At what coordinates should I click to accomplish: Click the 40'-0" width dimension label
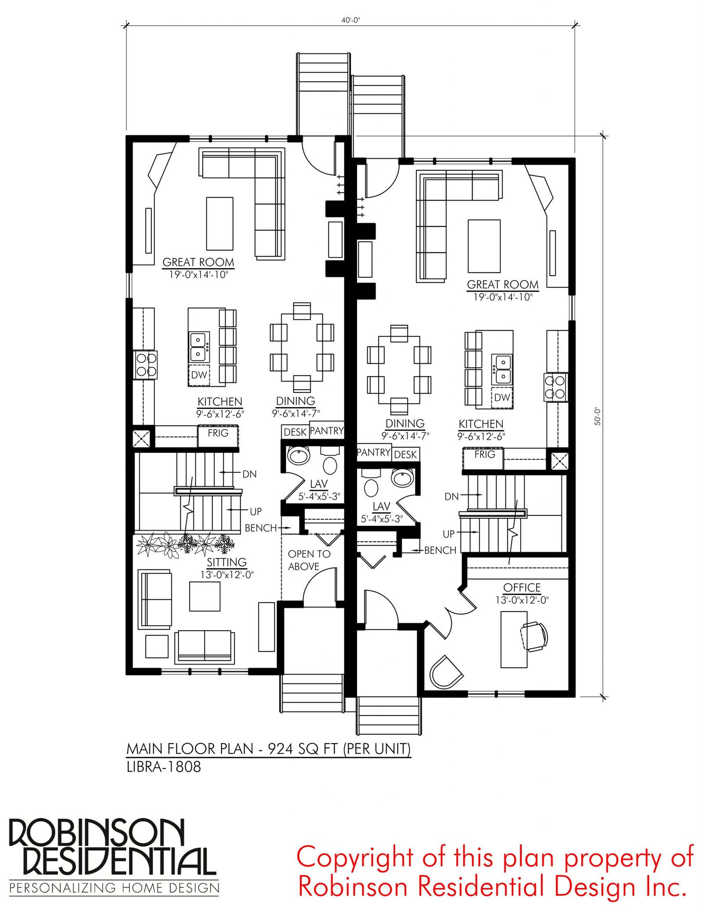[x=351, y=20]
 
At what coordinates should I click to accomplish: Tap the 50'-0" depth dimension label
[x=598, y=416]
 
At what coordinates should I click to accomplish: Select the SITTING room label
[x=227, y=562]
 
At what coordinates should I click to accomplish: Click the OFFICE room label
[x=522, y=587]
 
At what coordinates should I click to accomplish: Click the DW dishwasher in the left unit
[x=199, y=375]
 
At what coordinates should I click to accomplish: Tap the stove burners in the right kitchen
[x=555, y=387]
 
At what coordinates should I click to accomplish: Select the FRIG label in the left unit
[x=218, y=433]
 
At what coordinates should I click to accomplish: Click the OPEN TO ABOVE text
[x=309, y=560]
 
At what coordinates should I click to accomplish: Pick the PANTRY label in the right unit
[x=374, y=452]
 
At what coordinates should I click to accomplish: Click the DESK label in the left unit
[x=295, y=432]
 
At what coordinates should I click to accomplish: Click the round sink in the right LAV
[x=402, y=477]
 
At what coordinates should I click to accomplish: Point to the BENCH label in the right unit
[x=440, y=550]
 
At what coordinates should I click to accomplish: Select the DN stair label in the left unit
[x=249, y=474]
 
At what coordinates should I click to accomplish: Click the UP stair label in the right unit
[x=448, y=534]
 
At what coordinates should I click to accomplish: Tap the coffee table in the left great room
[x=220, y=223]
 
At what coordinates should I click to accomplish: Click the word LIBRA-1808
[x=164, y=767]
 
